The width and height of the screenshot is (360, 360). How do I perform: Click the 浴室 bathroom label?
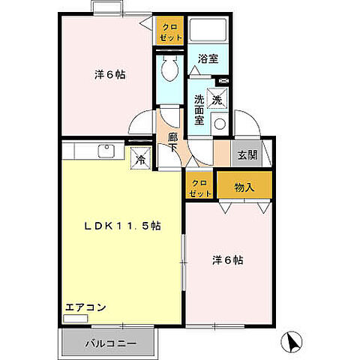[x=208, y=58]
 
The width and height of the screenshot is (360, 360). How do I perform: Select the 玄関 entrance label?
[x=247, y=155]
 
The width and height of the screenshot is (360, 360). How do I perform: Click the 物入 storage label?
[x=244, y=187]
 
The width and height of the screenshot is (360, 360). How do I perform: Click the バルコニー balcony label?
[x=110, y=343]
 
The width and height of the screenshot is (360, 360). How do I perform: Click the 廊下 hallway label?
[x=173, y=143]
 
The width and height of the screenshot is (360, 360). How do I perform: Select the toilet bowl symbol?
[x=168, y=70]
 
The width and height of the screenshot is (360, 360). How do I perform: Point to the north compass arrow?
[x=292, y=343]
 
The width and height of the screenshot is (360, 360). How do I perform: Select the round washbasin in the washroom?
[x=220, y=124]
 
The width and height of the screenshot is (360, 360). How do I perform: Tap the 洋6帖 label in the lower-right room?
[x=227, y=260]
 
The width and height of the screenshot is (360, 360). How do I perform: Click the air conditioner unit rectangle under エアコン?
[x=76, y=319]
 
